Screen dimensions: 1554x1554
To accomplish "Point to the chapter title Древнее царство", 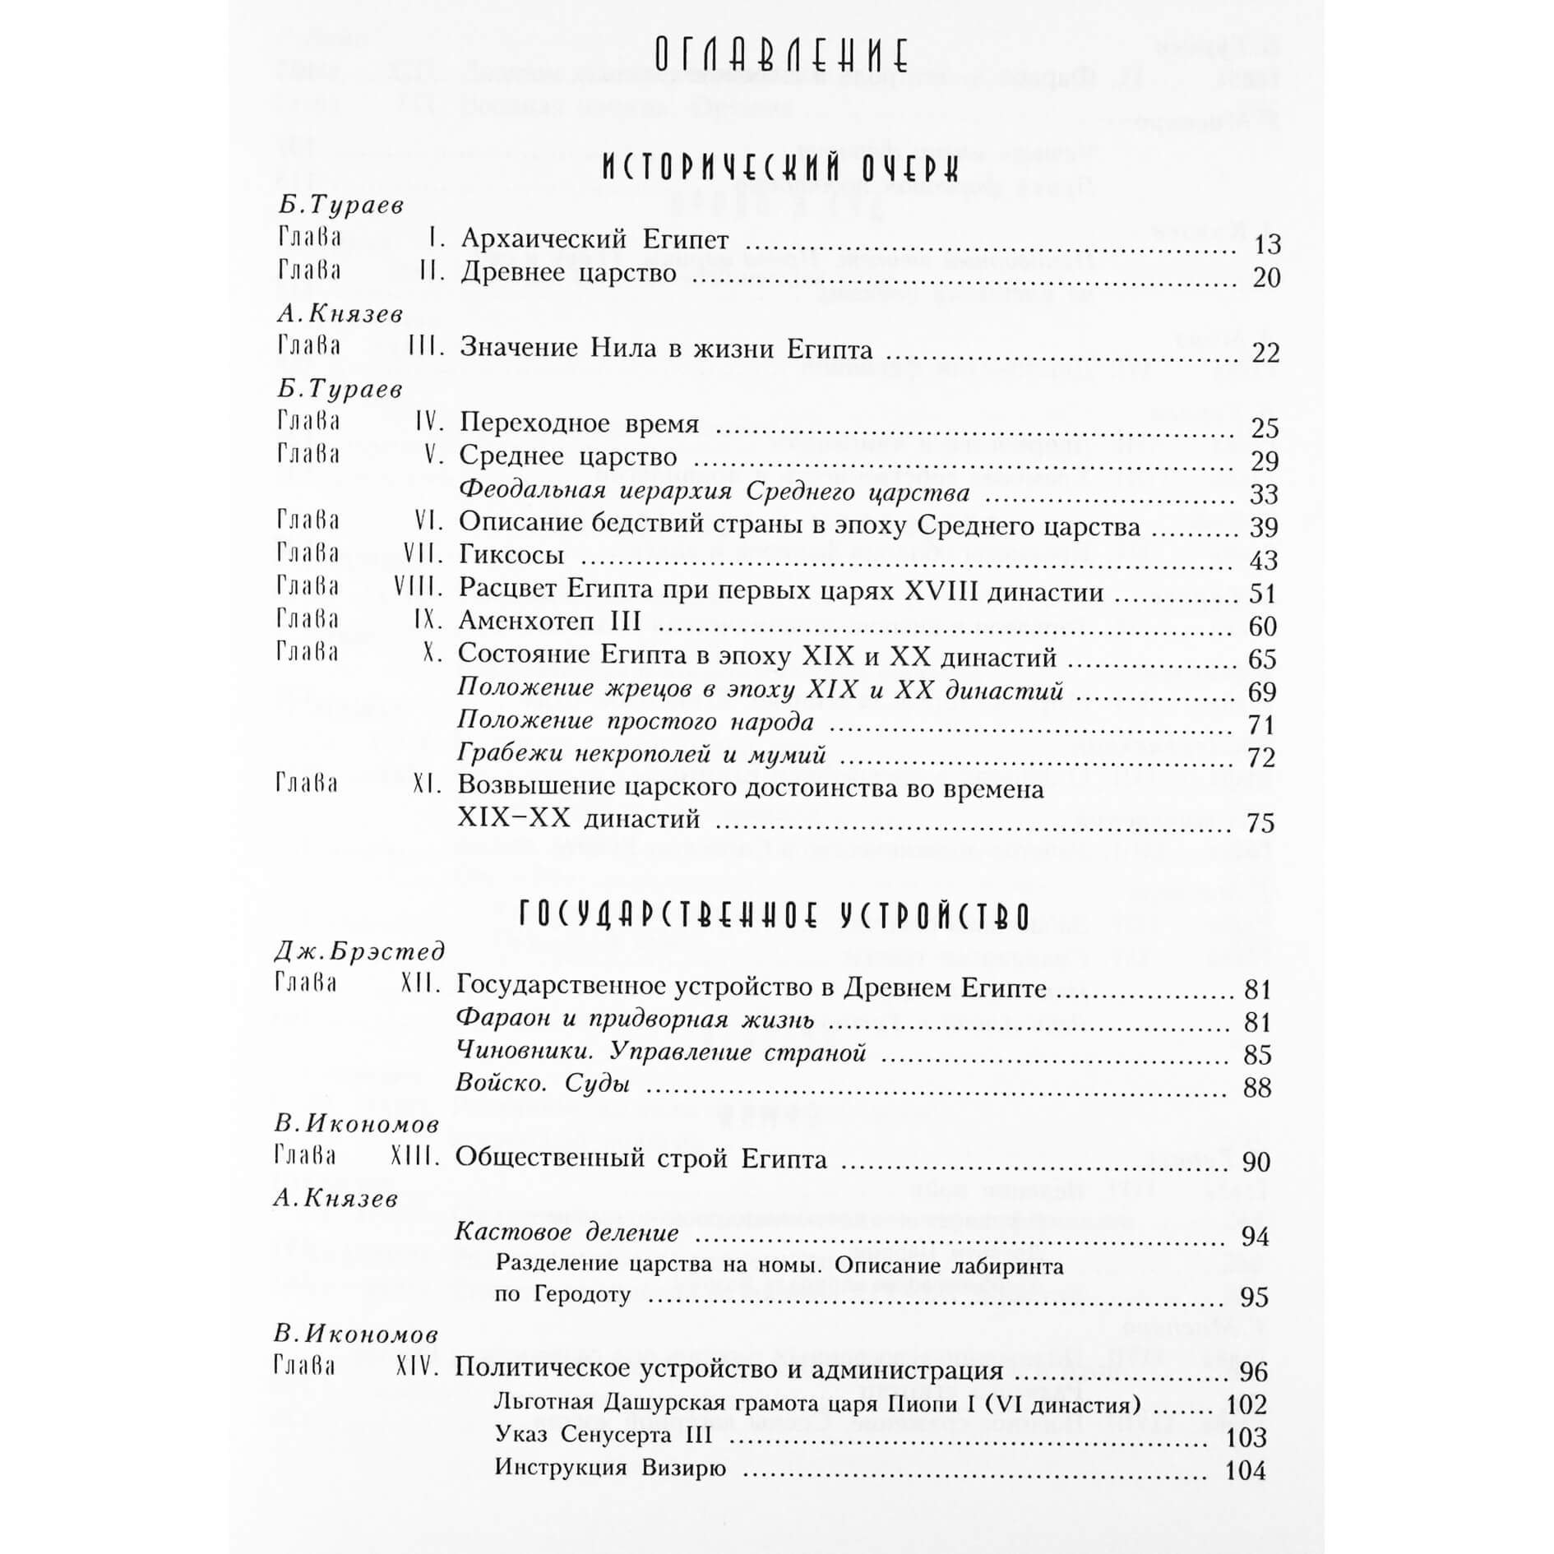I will point(568,273).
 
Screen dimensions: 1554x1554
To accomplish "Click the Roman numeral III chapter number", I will point(427,349).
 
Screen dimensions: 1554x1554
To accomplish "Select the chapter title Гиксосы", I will point(511,556).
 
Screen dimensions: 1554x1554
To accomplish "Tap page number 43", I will point(1263,560).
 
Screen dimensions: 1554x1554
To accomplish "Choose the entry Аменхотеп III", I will point(549,622).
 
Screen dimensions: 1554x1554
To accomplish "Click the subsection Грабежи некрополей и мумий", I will point(641,754).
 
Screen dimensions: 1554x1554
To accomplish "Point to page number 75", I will point(1260,823).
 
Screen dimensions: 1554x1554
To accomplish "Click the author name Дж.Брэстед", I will point(358,951).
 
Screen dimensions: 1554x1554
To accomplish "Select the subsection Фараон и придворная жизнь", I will point(635,1020).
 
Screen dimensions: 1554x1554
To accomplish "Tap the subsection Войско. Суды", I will point(543,1084).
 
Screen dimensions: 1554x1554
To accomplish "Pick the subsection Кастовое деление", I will point(567,1233).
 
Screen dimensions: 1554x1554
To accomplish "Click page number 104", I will point(1245,1469).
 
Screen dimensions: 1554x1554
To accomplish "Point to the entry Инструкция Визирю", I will point(610,1468).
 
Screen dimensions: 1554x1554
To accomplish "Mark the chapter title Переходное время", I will point(579,423).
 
